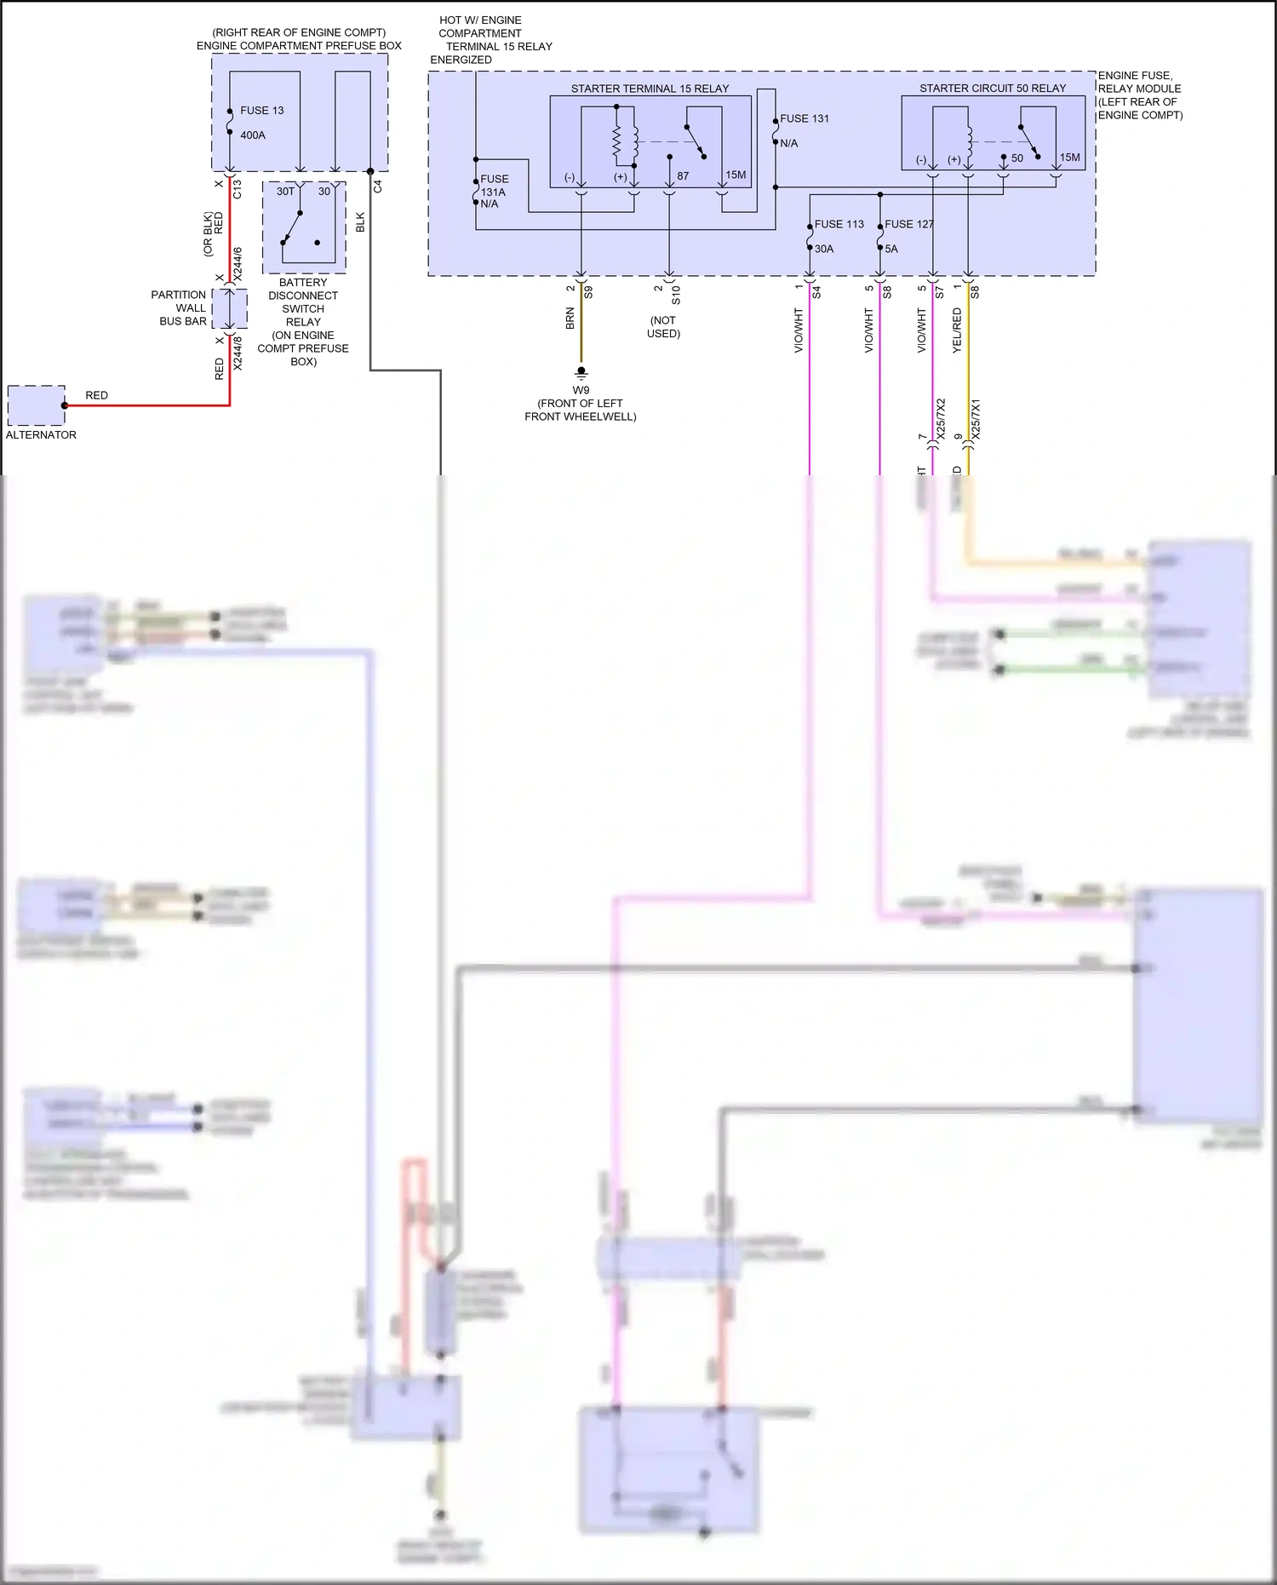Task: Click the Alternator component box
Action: coord(36,405)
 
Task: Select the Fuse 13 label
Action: coord(261,111)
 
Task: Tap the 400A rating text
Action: coord(253,135)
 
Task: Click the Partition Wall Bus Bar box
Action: coord(229,308)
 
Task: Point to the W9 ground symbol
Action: coord(581,372)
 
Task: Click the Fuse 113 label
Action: coord(839,224)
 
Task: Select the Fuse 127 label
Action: coord(908,224)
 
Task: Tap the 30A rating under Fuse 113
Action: coord(824,249)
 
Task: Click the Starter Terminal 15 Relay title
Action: coord(650,89)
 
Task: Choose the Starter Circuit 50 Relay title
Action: coord(992,89)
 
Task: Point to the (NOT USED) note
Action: coord(663,327)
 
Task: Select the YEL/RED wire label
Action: coord(957,330)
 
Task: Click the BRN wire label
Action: coord(570,319)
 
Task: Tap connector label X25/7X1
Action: coord(976,419)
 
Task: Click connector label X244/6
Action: coord(238,264)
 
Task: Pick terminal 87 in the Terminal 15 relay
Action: coord(683,176)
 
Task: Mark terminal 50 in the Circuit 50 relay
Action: coord(1017,158)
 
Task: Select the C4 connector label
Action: coord(378,186)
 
